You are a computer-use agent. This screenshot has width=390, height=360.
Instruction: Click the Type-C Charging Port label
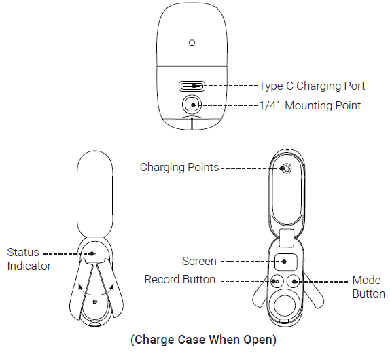click(312, 86)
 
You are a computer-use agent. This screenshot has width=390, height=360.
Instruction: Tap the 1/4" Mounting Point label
click(310, 105)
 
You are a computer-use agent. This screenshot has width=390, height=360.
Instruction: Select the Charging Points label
click(179, 168)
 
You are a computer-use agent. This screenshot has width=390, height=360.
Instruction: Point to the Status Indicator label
click(29, 259)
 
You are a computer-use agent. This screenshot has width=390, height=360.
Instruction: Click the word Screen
click(199, 262)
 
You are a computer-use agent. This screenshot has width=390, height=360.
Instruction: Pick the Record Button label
click(180, 279)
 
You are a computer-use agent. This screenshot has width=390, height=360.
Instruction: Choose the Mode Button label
click(369, 287)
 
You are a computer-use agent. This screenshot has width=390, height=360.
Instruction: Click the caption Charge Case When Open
click(203, 340)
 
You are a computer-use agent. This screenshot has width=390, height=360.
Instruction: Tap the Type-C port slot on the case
click(192, 86)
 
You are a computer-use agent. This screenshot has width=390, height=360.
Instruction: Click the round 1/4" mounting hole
click(192, 105)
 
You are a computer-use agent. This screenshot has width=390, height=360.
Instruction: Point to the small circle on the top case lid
click(192, 43)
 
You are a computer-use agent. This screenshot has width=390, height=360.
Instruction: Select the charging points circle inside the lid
click(286, 168)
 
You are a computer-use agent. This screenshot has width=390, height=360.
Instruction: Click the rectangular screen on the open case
click(286, 262)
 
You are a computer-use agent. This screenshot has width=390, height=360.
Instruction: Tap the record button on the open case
click(277, 281)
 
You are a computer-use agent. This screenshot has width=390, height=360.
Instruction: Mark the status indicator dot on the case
click(92, 253)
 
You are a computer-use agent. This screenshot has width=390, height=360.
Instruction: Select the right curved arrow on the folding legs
click(109, 289)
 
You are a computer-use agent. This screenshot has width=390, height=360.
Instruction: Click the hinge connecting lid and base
click(287, 238)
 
